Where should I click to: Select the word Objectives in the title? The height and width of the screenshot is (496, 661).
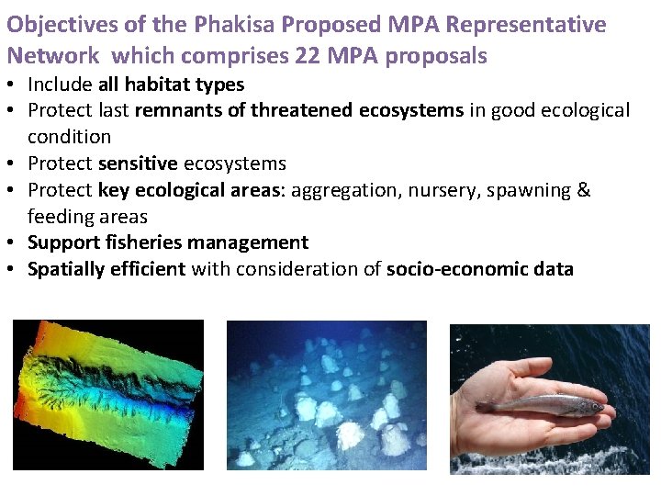60,24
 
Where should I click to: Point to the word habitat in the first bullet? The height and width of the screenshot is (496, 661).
170,85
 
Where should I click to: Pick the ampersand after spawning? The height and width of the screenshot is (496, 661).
584,190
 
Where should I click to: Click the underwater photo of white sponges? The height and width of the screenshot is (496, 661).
326,395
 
